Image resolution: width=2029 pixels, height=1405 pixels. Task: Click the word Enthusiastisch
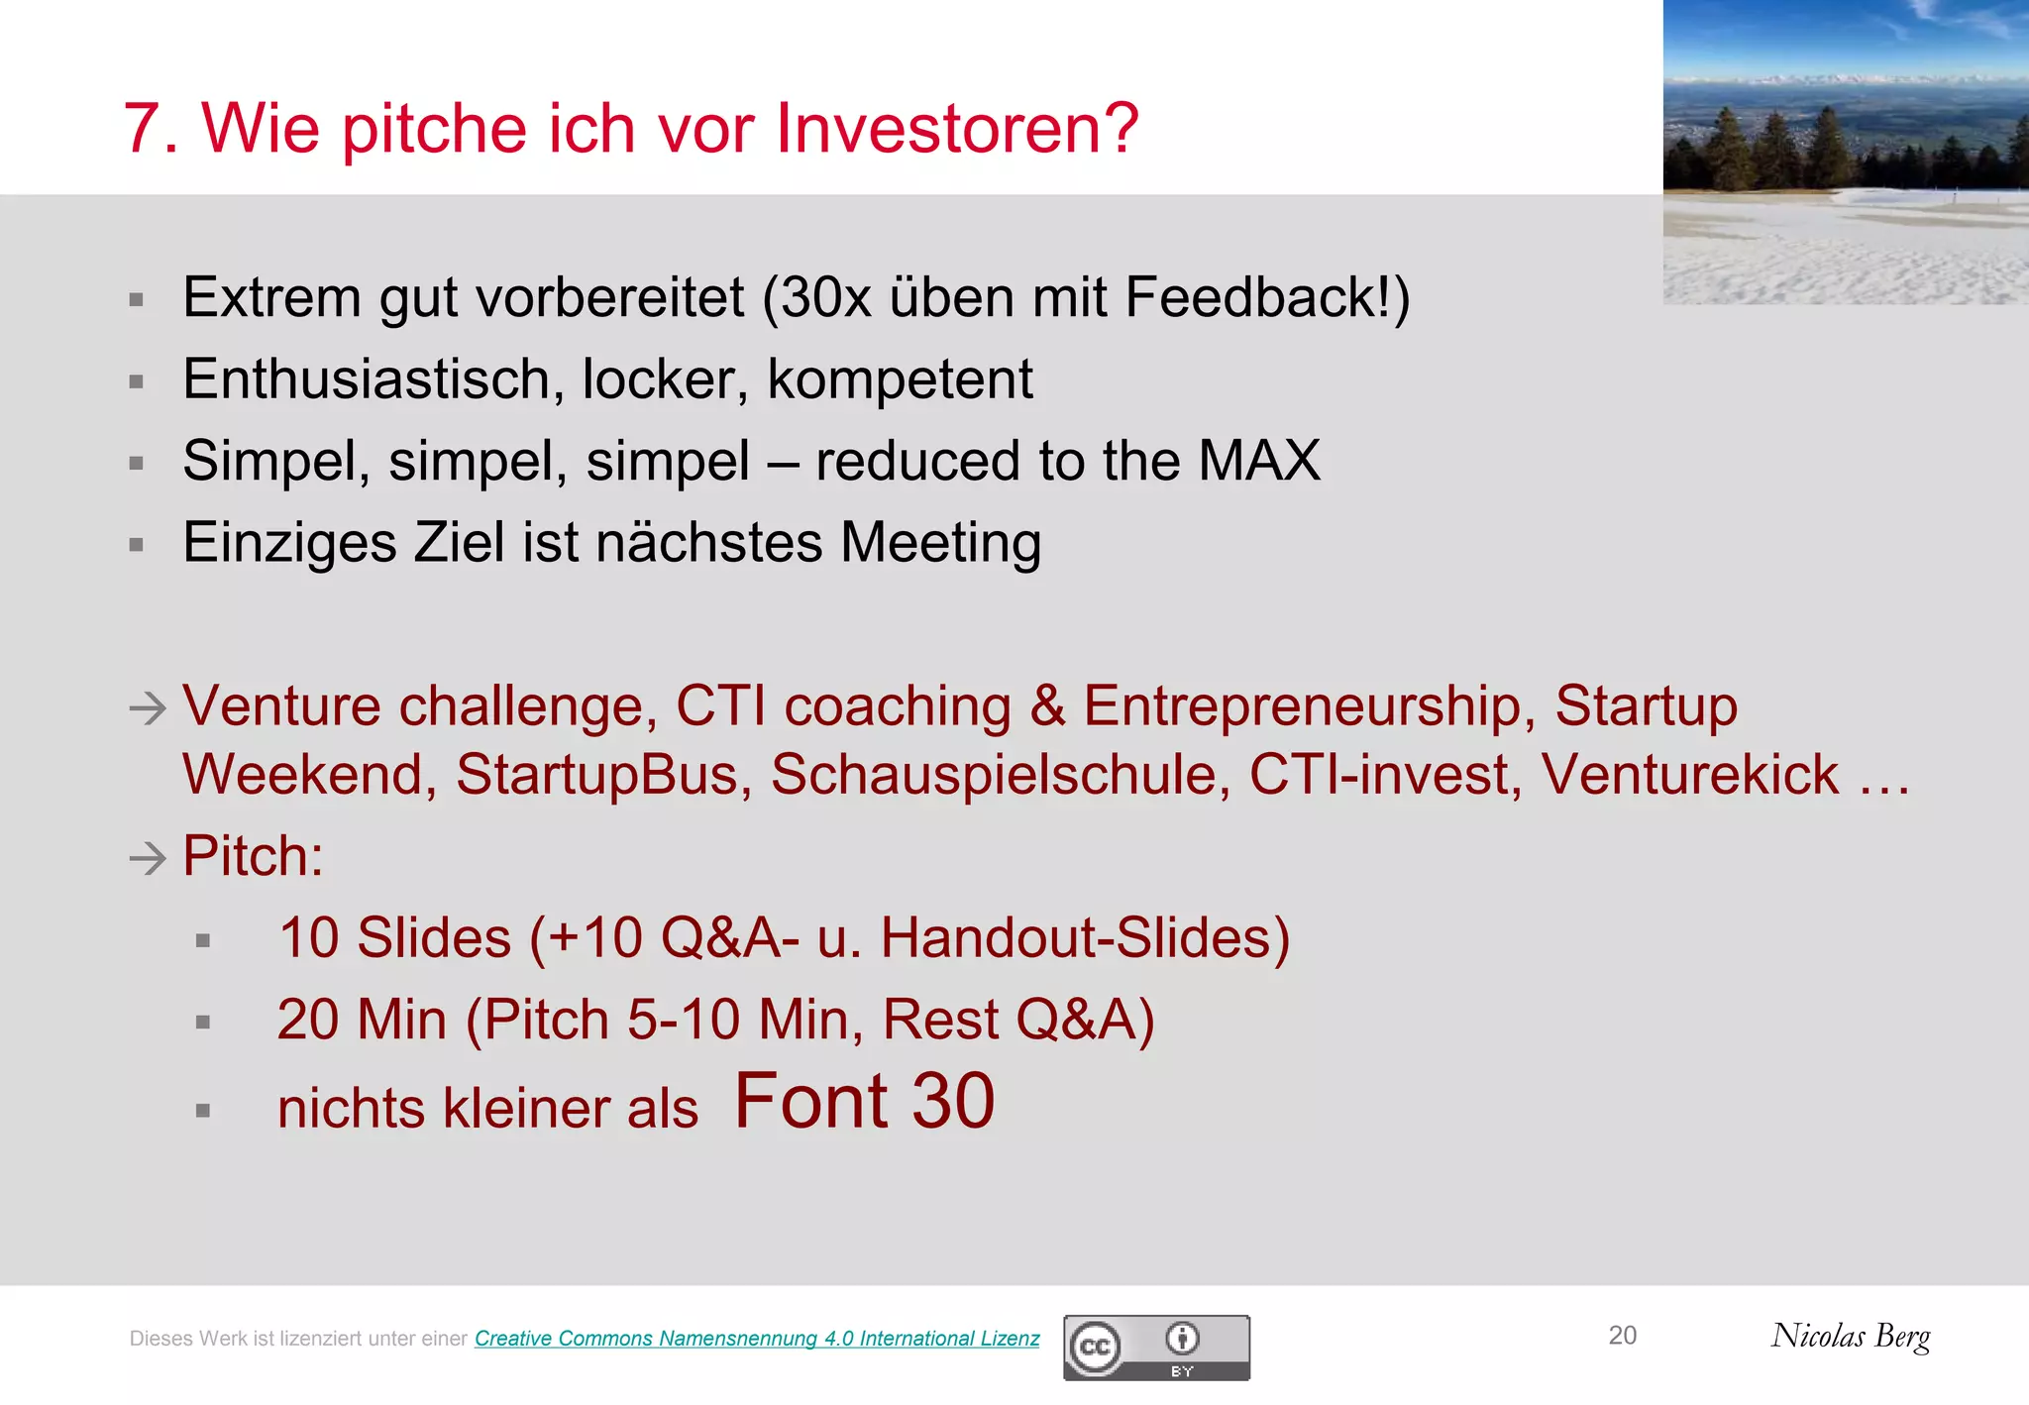coord(367,379)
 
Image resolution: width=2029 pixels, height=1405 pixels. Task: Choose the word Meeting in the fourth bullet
coord(940,543)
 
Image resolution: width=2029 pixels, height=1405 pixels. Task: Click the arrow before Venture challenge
coord(148,708)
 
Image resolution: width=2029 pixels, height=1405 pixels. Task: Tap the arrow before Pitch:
coord(148,857)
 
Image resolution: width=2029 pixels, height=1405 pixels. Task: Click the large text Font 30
coord(864,1101)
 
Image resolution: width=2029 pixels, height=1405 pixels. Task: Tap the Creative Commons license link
coord(757,1339)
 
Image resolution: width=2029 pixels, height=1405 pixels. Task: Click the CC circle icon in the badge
coord(1095,1348)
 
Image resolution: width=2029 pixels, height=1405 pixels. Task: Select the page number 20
coord(1622,1336)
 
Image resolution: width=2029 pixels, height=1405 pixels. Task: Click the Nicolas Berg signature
coord(1850,1337)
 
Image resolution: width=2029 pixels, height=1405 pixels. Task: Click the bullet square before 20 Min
coord(203,1023)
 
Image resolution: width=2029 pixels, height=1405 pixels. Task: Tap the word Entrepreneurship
coord(1302,706)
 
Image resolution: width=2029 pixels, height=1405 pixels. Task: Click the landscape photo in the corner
coord(1845,151)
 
